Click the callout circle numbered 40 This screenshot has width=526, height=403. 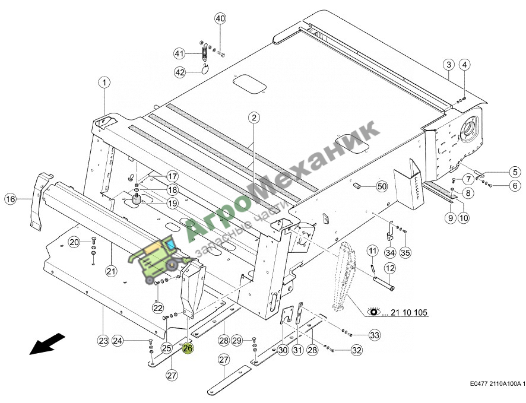220,18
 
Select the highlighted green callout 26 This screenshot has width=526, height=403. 188,348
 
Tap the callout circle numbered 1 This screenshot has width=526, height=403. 104,82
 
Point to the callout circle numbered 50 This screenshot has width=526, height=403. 382,186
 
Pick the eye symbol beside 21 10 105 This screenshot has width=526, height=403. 373,312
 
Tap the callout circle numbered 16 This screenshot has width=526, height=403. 11,199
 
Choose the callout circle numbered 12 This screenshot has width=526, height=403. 390,268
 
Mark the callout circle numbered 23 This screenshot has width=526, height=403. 103,341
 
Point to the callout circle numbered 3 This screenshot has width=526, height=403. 449,65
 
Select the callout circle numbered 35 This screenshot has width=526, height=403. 405,252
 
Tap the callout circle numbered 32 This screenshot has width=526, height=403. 357,350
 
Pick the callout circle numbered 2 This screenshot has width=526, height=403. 254,118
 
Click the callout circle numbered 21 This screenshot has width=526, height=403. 111,271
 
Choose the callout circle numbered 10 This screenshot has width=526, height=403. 463,218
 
